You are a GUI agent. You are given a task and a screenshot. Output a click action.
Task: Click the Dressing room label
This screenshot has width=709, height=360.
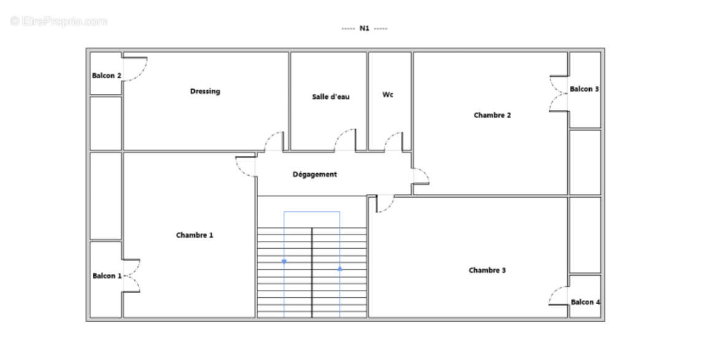(x=205, y=92)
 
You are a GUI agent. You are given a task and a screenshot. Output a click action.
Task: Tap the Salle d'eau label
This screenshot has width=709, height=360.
(x=331, y=97)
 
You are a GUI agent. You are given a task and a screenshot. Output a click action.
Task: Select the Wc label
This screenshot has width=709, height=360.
(x=388, y=95)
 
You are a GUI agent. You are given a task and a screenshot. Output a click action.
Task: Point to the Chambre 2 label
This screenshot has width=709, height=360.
(x=492, y=115)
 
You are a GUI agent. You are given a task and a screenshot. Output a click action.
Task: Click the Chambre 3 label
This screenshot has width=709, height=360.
(x=487, y=270)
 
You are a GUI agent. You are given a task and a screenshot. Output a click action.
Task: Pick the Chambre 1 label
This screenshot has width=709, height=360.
(x=194, y=235)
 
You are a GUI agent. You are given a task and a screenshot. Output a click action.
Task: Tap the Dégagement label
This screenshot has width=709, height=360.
(x=315, y=174)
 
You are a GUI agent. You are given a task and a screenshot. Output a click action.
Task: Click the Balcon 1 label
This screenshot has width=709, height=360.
(x=107, y=276)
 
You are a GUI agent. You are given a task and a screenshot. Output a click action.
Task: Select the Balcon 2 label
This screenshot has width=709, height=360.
(x=107, y=76)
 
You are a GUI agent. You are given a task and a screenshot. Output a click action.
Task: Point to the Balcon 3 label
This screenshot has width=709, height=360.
(x=584, y=89)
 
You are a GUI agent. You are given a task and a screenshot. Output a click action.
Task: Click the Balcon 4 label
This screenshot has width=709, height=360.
(x=586, y=302)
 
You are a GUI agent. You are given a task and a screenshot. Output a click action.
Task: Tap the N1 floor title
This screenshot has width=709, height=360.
(x=364, y=28)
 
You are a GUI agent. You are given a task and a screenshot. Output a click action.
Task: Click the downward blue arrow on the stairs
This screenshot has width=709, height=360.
(x=284, y=262)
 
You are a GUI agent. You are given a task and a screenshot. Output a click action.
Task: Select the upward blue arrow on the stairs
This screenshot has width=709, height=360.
(x=340, y=268)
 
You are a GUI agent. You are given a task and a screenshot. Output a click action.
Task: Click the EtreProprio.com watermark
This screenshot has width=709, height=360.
(x=59, y=21)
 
